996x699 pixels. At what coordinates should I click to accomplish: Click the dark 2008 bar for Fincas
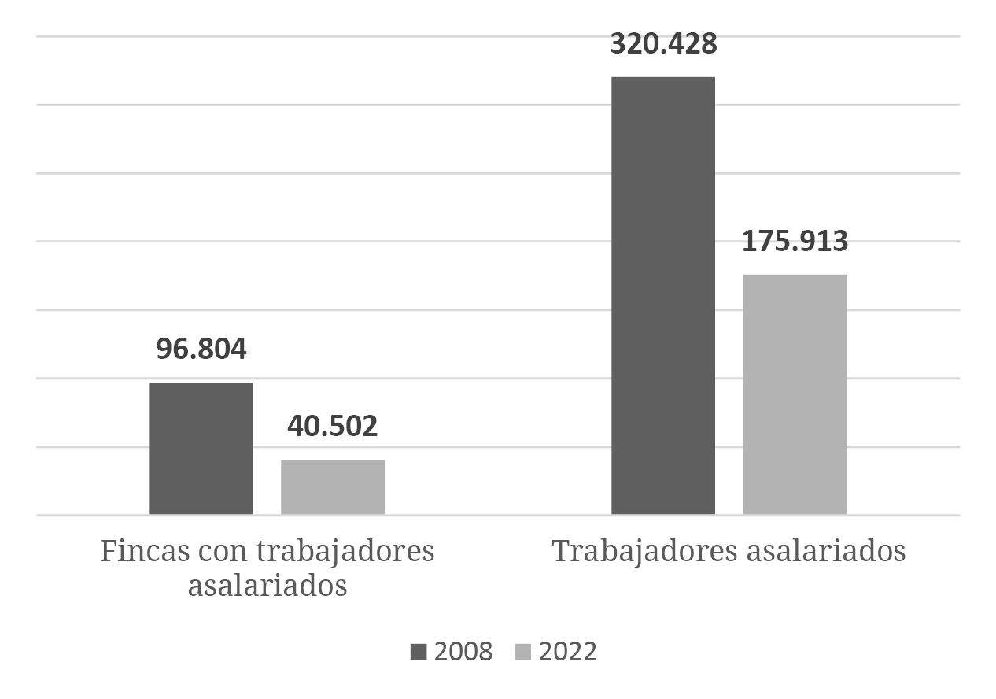[x=201, y=448]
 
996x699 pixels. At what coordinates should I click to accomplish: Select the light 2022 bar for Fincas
[x=333, y=486]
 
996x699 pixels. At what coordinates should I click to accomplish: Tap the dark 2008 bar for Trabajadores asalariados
[x=663, y=295]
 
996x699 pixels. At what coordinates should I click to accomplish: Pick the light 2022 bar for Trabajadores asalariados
[x=795, y=394]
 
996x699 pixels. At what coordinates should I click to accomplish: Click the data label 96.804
[x=201, y=349]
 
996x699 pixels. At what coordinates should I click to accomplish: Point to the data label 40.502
[x=333, y=426]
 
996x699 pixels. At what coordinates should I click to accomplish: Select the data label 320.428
[x=663, y=44]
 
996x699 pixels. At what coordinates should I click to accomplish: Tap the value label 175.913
[x=795, y=242]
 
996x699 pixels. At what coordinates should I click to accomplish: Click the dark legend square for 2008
[x=419, y=652]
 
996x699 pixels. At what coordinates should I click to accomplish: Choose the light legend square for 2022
[x=523, y=652]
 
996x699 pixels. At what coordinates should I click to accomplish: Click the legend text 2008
[x=463, y=652]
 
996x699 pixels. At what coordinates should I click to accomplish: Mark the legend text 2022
[x=568, y=652]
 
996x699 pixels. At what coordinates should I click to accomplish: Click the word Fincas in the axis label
[x=138, y=551]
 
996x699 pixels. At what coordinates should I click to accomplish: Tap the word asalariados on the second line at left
[x=267, y=586]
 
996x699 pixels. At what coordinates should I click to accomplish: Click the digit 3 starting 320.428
[x=618, y=44]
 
